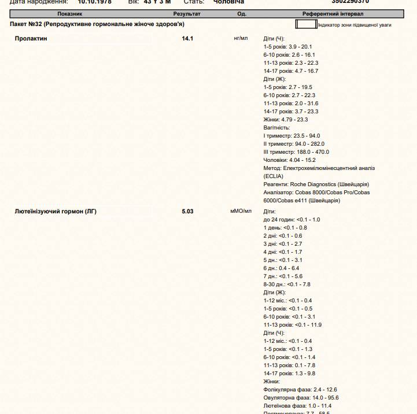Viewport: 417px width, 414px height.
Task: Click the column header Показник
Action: click(69, 13)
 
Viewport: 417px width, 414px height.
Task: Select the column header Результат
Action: click(187, 13)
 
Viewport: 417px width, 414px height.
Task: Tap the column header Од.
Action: click(242, 13)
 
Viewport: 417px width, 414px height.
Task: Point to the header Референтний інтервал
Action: click(333, 13)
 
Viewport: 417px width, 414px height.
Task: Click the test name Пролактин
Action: click(31, 39)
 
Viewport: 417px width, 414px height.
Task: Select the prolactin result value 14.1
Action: click(187, 39)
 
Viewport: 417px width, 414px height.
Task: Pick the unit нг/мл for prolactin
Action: click(241, 38)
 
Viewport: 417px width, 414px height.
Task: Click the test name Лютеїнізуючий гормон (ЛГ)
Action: click(56, 212)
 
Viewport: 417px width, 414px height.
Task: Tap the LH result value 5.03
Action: click(187, 212)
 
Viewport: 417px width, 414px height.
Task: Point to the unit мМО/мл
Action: click(241, 211)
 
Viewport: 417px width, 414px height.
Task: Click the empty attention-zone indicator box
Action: click(306, 24)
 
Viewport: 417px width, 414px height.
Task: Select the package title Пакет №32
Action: click(97, 24)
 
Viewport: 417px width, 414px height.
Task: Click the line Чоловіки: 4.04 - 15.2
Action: click(290, 160)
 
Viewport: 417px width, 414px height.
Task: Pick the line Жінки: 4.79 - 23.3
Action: click(286, 120)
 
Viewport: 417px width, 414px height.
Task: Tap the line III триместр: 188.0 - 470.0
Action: click(296, 152)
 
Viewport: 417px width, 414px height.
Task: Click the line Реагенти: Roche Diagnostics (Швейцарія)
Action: click(316, 184)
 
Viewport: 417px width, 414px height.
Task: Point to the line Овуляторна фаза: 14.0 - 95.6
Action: click(301, 398)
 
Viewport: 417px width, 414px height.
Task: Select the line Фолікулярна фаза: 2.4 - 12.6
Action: click(300, 390)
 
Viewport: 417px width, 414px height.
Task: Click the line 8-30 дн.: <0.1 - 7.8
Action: click(287, 284)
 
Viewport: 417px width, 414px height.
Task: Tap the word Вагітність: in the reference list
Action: click(276, 128)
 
